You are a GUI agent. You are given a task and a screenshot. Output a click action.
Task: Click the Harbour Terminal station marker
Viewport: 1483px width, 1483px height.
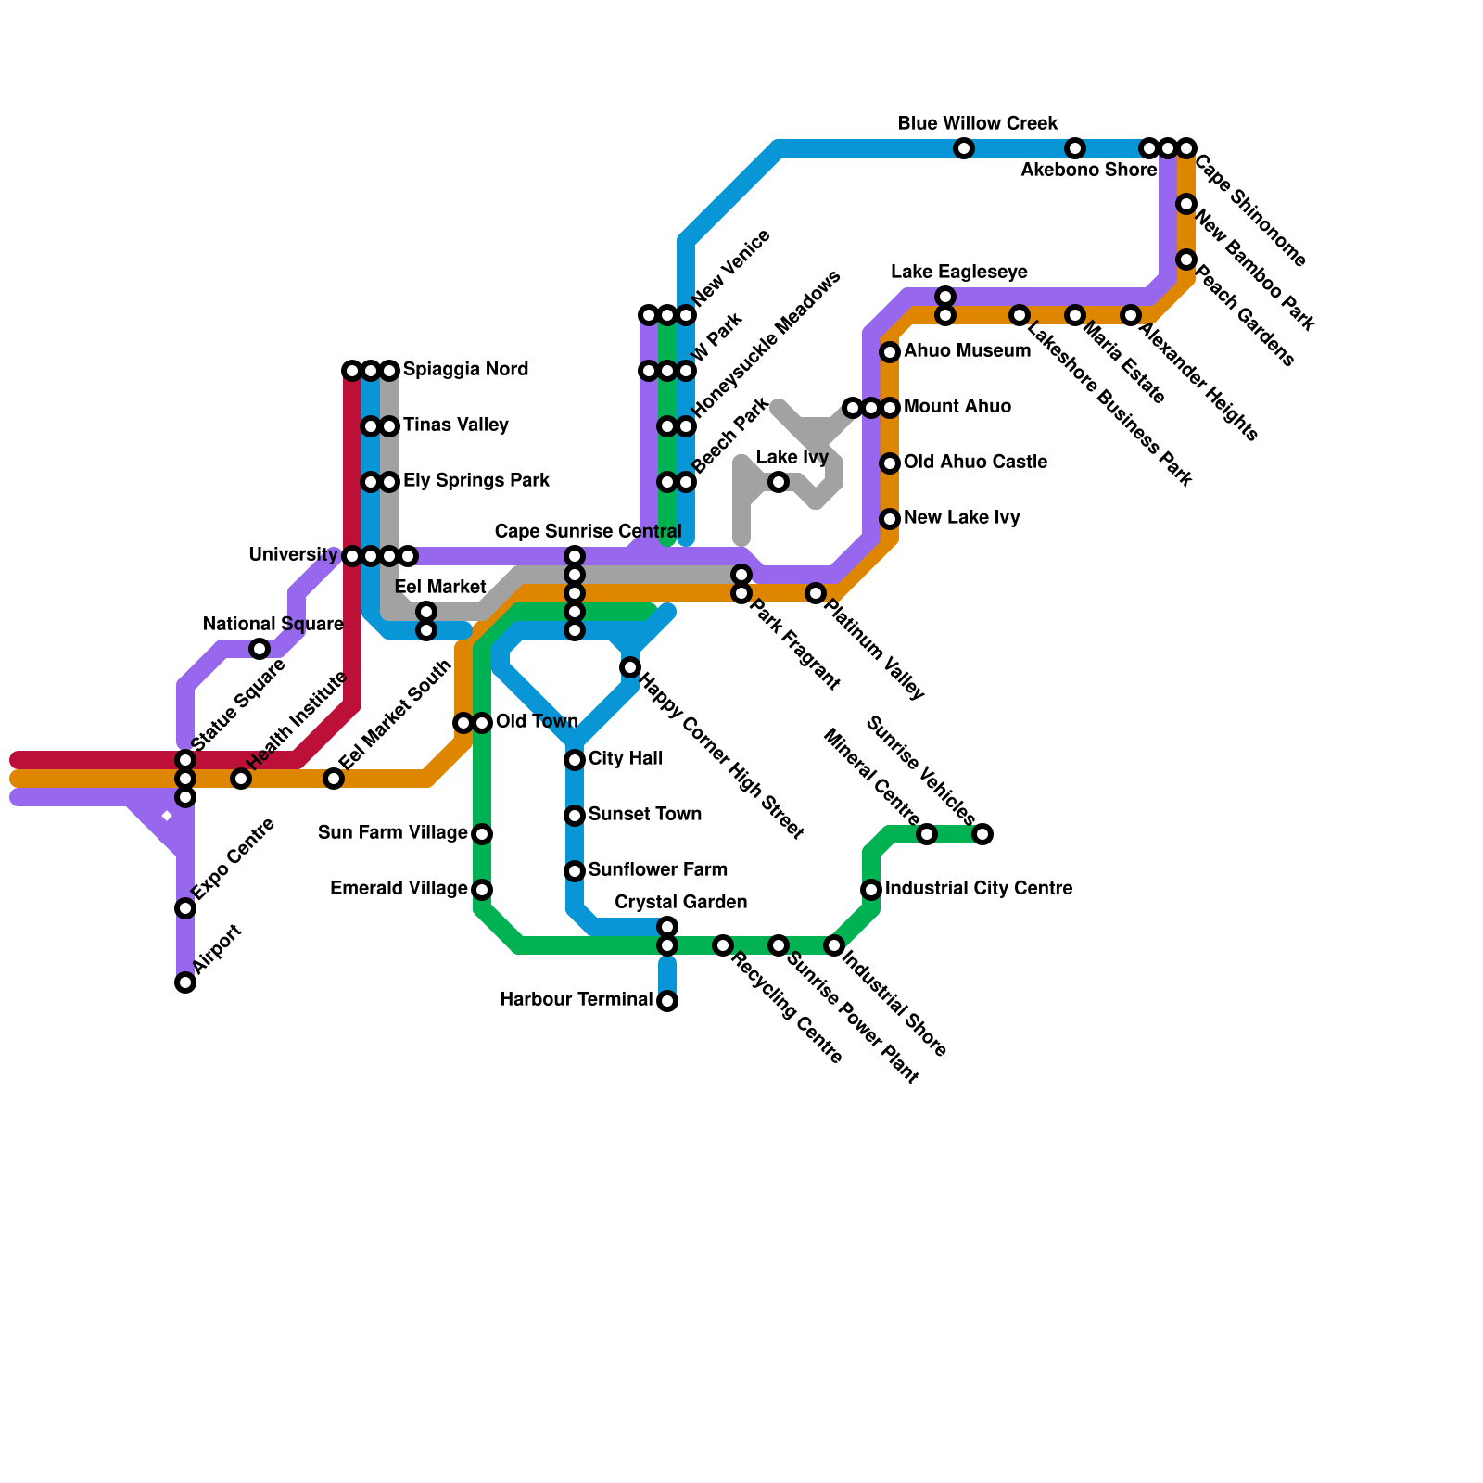tap(667, 1001)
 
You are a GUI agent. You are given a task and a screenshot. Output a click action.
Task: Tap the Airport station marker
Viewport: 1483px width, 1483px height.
tap(185, 982)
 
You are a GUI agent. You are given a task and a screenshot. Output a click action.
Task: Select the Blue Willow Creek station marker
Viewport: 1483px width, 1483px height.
tap(964, 148)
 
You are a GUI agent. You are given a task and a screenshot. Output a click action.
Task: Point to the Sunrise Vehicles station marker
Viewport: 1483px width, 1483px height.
tap(982, 834)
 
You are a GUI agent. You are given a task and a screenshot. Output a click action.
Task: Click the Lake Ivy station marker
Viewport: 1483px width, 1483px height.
tap(779, 482)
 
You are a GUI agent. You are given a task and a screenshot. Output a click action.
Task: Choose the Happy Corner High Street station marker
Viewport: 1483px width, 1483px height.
tap(630, 667)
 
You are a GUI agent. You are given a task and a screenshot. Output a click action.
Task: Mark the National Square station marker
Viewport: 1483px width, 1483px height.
tap(260, 649)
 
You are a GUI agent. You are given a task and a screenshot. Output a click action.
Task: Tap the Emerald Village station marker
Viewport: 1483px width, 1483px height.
tap(482, 890)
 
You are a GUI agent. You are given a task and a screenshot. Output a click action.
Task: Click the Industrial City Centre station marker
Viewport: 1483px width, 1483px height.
tap(871, 890)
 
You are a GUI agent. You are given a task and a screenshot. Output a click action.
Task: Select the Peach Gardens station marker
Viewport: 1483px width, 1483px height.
tap(1186, 260)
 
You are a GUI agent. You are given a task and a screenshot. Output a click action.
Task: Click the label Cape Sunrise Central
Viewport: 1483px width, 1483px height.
tap(588, 532)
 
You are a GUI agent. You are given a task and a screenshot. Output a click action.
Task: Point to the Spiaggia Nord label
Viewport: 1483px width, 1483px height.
tap(465, 370)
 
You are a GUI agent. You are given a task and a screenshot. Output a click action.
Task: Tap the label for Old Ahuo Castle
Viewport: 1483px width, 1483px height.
tap(975, 462)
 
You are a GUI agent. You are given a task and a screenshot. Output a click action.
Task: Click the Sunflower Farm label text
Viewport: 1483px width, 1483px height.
tap(657, 869)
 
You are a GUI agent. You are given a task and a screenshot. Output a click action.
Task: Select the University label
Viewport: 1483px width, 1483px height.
tap(293, 555)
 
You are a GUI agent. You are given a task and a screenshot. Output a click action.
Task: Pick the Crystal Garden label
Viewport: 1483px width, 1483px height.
tap(680, 903)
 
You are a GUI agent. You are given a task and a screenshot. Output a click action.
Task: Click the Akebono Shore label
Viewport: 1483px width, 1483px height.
tap(1088, 171)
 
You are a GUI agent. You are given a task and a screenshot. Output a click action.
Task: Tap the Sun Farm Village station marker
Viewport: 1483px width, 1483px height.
tap(482, 834)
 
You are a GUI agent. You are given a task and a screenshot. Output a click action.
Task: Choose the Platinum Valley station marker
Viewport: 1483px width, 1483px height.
tap(816, 593)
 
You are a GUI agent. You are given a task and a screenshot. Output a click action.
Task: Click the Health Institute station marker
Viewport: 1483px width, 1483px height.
tap(241, 779)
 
